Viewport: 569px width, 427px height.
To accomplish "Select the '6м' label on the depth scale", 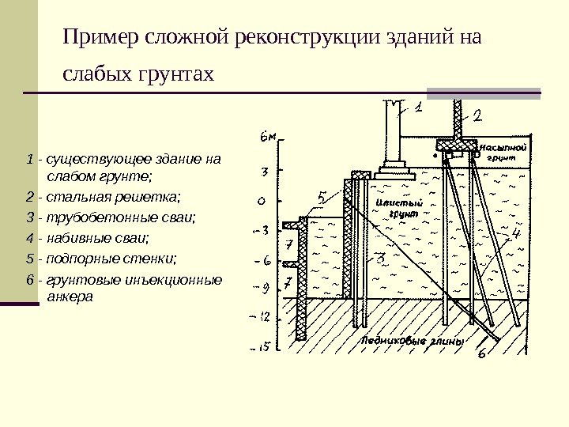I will point(269,136).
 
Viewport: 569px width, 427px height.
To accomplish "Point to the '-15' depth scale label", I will point(262,346).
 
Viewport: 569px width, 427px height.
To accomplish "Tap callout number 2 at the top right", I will point(477,115).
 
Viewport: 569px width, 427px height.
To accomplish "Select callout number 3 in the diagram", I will point(379,258).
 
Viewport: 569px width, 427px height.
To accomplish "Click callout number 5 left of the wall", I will point(322,197).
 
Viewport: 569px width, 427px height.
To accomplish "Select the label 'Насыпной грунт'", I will point(503,153).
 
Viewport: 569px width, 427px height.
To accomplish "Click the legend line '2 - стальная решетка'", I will point(103,195).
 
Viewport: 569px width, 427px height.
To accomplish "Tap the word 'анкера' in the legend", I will point(70,298).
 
